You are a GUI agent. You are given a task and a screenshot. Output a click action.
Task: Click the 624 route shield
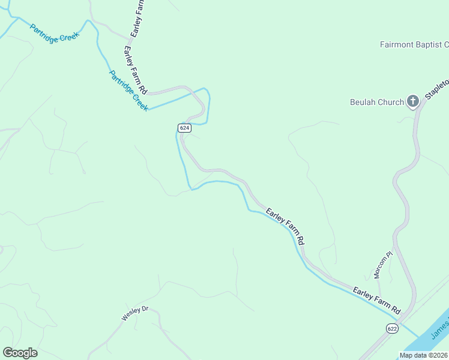coord(184,128)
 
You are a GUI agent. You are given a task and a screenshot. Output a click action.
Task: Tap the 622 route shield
coord(392,328)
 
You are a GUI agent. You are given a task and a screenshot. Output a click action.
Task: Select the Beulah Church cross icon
coord(413,101)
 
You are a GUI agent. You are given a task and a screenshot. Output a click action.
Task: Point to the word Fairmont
coord(397,44)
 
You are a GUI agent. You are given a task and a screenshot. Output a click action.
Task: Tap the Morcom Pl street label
coord(382,265)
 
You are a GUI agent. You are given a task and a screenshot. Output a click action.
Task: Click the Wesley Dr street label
coord(134,313)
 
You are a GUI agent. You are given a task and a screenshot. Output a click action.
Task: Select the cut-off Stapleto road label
coord(437,89)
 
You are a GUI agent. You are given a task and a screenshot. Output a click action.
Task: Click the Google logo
coord(20,353)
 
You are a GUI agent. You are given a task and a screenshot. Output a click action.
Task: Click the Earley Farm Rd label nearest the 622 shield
coord(376,301)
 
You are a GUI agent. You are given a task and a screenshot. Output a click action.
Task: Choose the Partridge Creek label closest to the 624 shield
coord(128,91)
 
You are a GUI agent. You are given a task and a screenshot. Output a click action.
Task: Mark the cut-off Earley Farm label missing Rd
coord(136,19)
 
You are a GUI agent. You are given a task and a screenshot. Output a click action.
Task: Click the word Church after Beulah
coord(391,102)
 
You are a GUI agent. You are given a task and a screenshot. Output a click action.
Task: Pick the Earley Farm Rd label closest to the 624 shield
coord(136,68)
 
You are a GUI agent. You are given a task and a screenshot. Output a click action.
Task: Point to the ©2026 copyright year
coord(437,355)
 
